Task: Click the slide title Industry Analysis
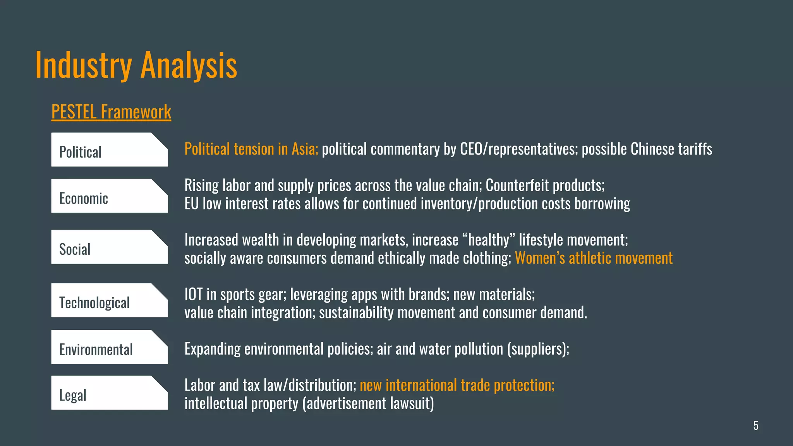136,65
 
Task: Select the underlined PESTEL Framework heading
111,112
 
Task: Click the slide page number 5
755,425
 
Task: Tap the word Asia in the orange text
304,149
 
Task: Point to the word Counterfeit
517,185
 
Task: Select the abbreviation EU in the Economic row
191,204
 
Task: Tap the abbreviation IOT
193,295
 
